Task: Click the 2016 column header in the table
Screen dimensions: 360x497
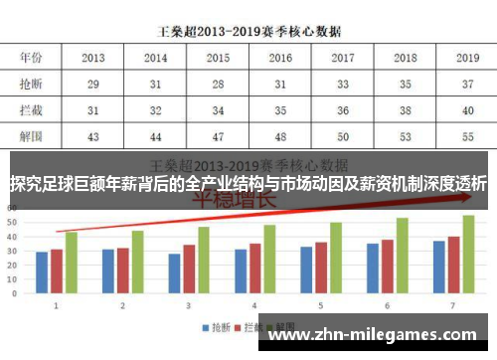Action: tap(281, 58)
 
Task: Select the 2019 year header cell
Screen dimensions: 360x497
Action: tap(466, 58)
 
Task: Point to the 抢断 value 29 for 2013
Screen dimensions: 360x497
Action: tap(93, 84)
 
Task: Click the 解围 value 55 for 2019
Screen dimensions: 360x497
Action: tap(466, 135)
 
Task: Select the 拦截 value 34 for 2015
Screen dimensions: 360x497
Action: tap(219, 109)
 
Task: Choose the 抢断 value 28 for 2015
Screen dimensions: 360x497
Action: tap(219, 84)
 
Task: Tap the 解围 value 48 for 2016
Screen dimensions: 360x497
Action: tap(281, 135)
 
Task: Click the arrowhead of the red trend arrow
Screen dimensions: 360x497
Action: tap(467, 197)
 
